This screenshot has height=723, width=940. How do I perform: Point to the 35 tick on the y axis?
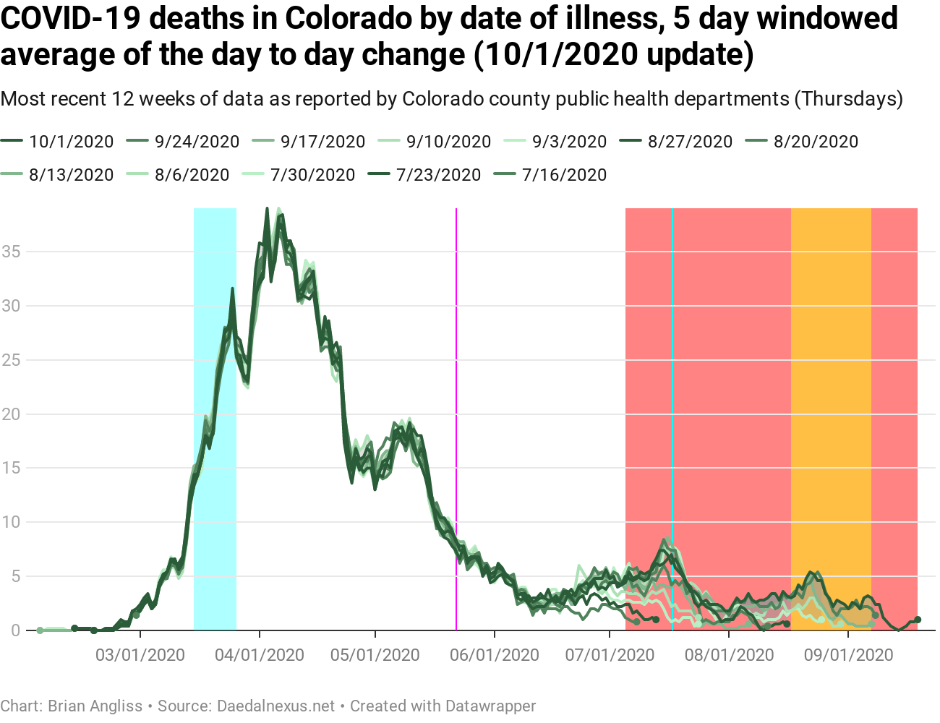11,252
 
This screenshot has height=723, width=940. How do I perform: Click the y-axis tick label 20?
11,414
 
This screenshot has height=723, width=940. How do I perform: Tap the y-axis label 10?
11,522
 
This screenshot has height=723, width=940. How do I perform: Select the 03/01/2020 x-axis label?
140,655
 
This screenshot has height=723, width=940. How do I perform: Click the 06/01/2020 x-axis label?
495,655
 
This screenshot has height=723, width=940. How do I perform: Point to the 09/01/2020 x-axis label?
848,655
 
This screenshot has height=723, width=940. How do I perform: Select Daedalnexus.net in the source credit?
275,706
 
